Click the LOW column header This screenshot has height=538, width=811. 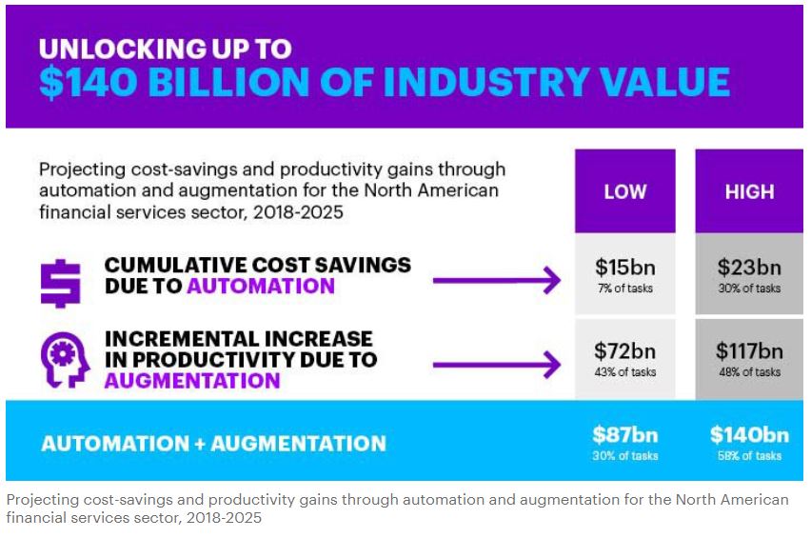[x=624, y=192]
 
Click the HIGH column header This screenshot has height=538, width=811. [x=749, y=192]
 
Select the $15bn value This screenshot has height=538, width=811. [x=624, y=269]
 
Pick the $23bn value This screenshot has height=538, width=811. [x=749, y=269]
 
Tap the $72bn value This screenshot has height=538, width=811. [x=624, y=351]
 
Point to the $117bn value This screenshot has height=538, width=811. [x=749, y=351]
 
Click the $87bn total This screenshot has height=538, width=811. [x=624, y=435]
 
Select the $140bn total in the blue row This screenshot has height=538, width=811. [x=749, y=435]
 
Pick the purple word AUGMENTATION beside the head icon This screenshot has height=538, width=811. [x=192, y=381]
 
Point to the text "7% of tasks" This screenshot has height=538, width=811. [x=624, y=289]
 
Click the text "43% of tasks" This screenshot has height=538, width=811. [x=624, y=372]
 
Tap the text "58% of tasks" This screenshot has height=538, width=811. [x=749, y=456]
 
